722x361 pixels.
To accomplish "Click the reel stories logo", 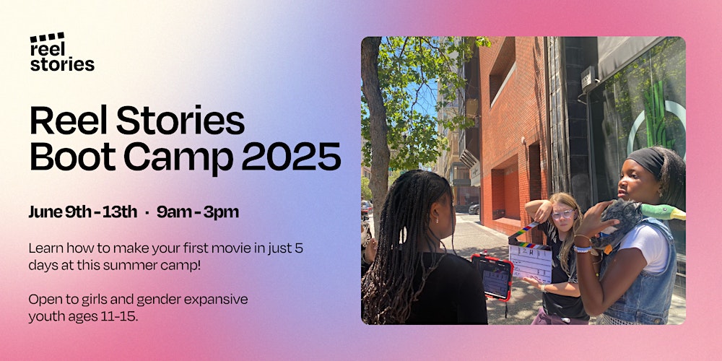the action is tap(62, 52).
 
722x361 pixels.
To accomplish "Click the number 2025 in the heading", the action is tap(291, 157).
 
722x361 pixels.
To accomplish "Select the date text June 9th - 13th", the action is tap(83, 212).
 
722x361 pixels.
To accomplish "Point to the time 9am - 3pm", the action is tap(198, 212).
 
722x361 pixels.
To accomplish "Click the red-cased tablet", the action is tap(491, 277).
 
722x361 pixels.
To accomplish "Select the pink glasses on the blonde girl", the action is tap(562, 214).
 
